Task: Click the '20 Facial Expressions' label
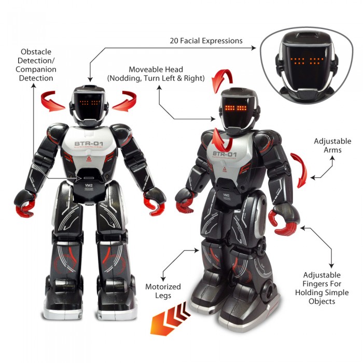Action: coord(206,40)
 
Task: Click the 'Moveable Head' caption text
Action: coord(156,74)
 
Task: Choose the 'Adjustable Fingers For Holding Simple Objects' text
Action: coord(322,288)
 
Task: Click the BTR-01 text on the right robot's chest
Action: coord(226,155)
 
